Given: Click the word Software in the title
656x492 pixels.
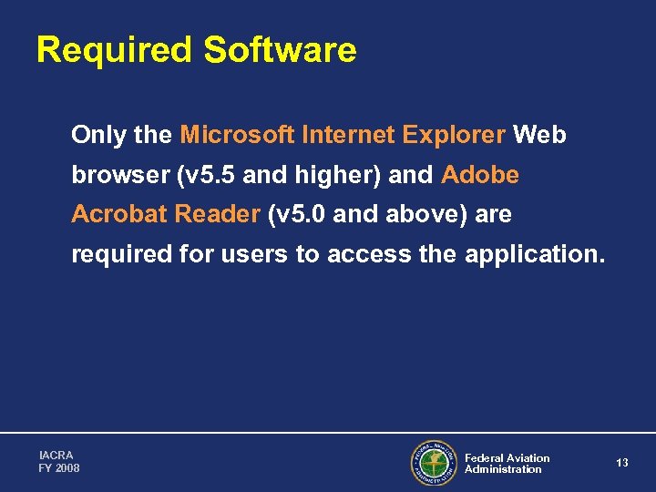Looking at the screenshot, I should click(280, 50).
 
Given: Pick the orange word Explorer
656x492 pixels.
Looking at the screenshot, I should click(453, 136).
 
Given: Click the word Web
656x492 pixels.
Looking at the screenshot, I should click(540, 136).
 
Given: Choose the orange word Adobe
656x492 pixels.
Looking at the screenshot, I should click(480, 175).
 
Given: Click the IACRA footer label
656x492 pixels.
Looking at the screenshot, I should click(56, 455).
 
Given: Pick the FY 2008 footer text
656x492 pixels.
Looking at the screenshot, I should click(59, 468).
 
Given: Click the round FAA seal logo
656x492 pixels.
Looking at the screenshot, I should click(433, 463).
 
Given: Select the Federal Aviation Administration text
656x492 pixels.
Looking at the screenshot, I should click(507, 464).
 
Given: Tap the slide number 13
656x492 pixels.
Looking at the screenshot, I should click(622, 463).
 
